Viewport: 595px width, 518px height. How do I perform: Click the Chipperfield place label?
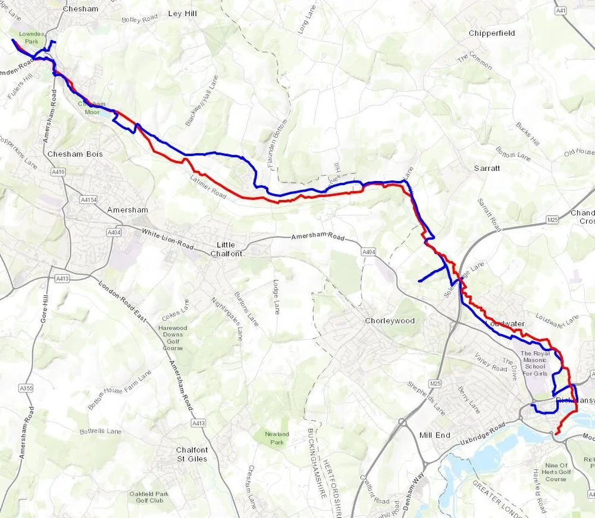491,33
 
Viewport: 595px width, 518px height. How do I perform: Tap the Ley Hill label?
182,13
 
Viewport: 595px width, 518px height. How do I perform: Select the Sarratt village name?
487,168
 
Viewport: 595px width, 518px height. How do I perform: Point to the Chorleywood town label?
390,321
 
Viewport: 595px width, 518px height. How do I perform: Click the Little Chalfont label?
226,249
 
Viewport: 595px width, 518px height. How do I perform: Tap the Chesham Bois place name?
75,154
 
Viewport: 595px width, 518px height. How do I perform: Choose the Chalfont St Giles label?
192,454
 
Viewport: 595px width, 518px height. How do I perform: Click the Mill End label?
435,435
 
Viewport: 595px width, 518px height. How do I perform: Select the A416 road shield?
58,172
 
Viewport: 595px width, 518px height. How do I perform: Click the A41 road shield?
560,10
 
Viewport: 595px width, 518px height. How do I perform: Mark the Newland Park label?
276,438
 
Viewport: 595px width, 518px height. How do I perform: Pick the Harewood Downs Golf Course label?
173,338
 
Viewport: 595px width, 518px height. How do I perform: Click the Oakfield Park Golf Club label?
149,497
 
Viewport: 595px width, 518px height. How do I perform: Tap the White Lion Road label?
168,239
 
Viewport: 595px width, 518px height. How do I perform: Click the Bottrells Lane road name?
101,431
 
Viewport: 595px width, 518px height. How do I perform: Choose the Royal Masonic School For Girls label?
534,363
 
